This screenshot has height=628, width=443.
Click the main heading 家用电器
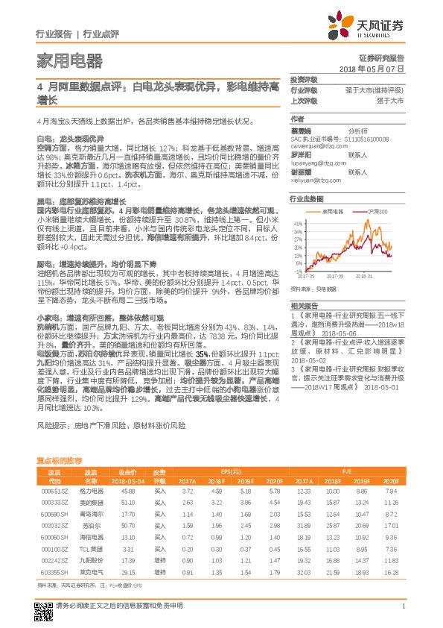coord(69,60)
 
